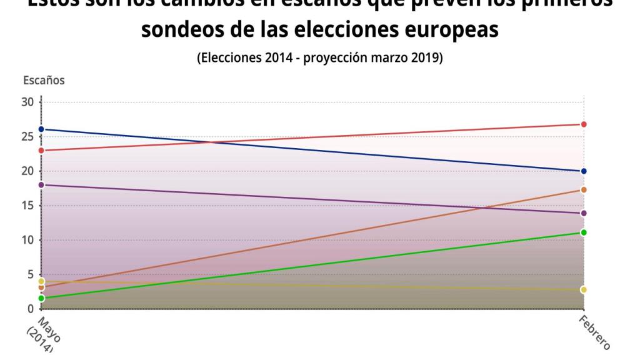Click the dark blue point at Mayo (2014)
[41, 129]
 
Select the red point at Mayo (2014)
[41, 151]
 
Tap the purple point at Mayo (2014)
[41, 185]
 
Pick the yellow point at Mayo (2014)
[41, 281]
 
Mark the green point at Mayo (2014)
[41, 298]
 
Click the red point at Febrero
[584, 124]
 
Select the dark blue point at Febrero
[584, 171]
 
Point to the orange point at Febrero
[584, 190]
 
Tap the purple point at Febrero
[584, 213]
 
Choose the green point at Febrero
[584, 232]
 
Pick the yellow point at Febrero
[584, 289]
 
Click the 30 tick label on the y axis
[27, 102]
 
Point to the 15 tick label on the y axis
[27, 206]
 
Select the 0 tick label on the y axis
[29, 309]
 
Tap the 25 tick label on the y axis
[27, 137]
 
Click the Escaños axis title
[43, 80]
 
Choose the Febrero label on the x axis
[594, 331]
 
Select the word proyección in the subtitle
[342, 59]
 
